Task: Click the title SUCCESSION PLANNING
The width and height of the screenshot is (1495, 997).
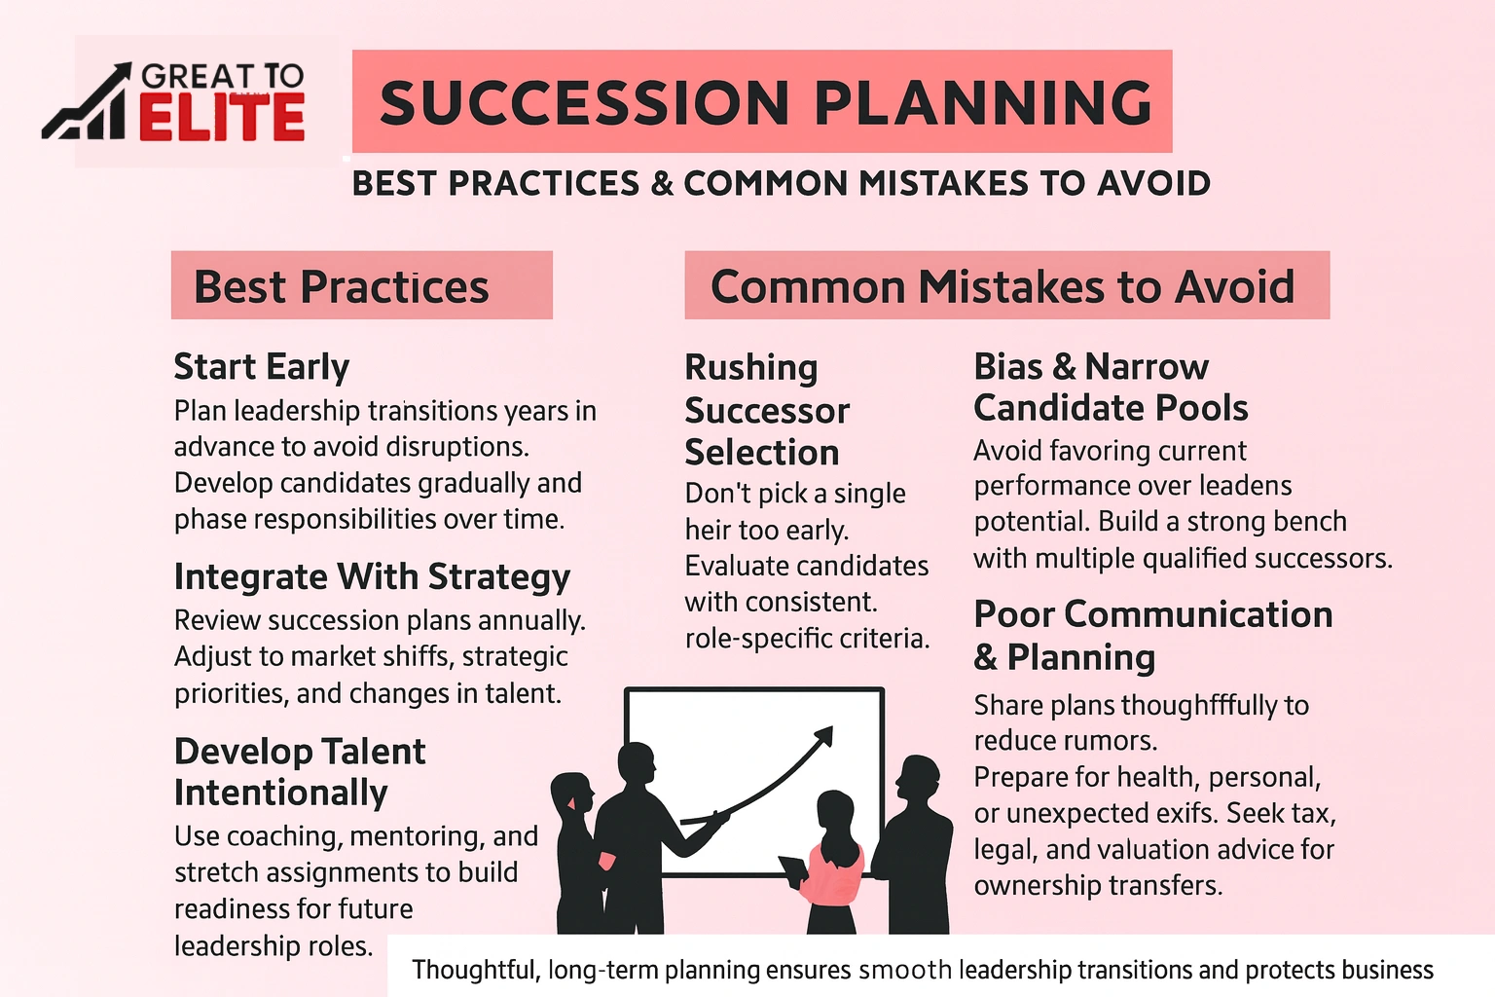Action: click(x=765, y=102)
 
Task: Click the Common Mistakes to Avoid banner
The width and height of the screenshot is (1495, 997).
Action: click(x=1005, y=286)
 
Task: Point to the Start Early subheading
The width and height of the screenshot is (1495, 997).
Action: click(x=261, y=367)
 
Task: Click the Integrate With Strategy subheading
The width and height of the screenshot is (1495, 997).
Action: click(x=372, y=576)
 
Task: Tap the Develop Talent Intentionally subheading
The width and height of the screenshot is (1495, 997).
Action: click(x=300, y=772)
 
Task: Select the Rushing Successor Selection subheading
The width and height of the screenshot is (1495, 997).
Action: click(x=767, y=410)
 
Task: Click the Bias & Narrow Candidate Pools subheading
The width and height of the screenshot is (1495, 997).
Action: click(x=1111, y=388)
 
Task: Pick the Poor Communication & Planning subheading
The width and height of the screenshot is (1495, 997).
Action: click(x=1153, y=635)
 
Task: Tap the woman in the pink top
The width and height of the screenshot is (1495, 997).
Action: click(x=833, y=862)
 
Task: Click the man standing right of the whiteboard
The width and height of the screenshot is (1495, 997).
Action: click(x=915, y=842)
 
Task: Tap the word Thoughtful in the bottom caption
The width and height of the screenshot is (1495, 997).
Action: click(x=474, y=970)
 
